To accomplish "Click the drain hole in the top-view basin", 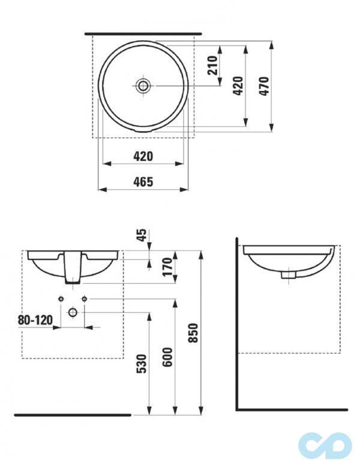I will point(143,86).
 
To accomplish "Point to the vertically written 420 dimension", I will point(238,86).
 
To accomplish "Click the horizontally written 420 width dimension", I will point(143,156).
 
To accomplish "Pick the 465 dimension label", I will point(143,182).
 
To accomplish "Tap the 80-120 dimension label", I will point(34,320).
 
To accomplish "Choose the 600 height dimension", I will point(168,358).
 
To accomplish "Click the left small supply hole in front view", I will point(61,299).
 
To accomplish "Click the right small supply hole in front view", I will point(85,299).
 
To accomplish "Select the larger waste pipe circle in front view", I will point(73,312).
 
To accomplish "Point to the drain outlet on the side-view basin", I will point(289,274).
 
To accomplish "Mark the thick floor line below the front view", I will point(72,414).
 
